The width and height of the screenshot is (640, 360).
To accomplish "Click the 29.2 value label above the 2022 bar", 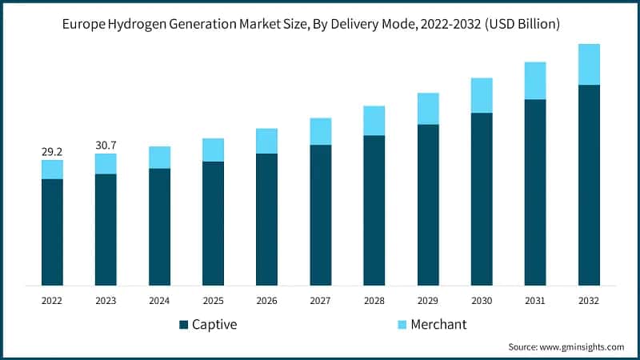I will [x=52, y=150].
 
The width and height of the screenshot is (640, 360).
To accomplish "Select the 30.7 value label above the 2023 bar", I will [x=106, y=144].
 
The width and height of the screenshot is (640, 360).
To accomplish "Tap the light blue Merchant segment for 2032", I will [x=589, y=64].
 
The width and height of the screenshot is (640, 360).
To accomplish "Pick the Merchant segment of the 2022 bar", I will [x=52, y=170].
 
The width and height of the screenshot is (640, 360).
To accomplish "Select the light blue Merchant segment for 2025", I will [x=213, y=150].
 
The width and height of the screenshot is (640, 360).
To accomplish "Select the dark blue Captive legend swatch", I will [x=184, y=325].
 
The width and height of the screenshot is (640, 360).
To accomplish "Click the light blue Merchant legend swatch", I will [x=402, y=325].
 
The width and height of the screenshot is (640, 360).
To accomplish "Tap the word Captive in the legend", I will [x=214, y=325].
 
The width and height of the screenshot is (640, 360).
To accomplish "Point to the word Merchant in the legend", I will [x=438, y=325].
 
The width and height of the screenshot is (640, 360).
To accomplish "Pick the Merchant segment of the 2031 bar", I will [x=535, y=81].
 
